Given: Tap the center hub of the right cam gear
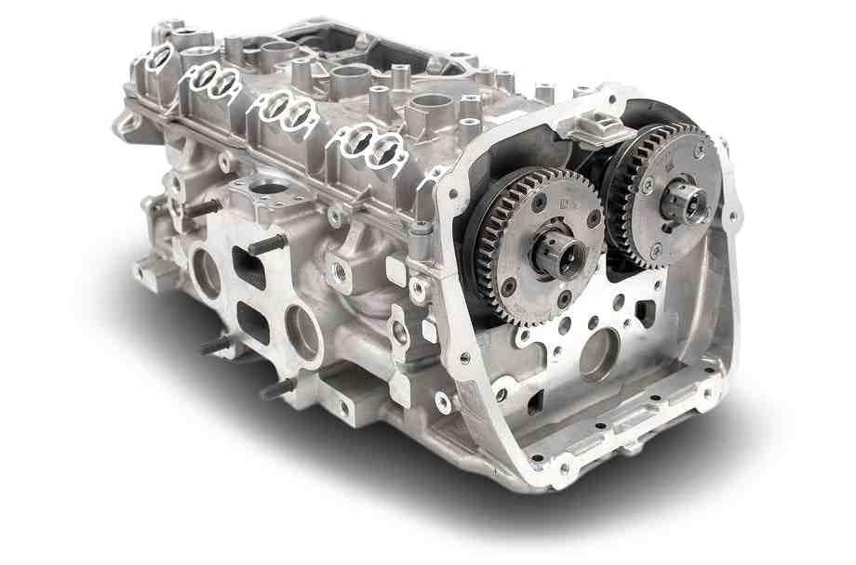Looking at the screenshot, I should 686,201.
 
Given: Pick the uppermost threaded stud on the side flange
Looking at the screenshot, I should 206,207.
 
